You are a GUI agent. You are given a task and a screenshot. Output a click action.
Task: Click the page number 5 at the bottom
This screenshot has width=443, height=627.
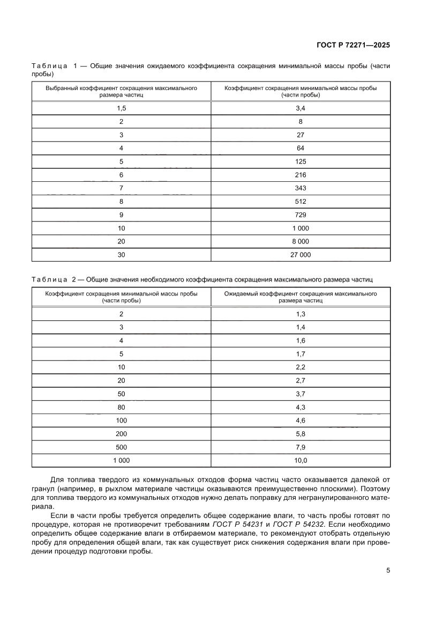click(388, 570)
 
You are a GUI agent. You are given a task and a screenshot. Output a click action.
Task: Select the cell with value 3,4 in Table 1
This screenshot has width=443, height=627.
click(301, 108)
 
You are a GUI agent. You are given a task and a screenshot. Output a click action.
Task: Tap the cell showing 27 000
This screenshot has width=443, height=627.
click(301, 255)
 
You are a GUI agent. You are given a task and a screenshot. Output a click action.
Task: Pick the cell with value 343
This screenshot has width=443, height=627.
click(301, 188)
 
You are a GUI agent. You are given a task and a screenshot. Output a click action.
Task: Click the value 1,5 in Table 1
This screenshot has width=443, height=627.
click(122, 108)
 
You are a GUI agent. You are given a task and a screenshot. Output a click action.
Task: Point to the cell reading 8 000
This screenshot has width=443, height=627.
click(301, 241)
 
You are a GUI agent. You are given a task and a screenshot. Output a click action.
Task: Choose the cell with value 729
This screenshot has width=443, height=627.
click(301, 215)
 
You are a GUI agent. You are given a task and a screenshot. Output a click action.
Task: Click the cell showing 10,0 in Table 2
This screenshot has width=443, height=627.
click(301, 460)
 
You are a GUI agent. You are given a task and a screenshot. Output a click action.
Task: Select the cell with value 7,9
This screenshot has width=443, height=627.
click(301, 447)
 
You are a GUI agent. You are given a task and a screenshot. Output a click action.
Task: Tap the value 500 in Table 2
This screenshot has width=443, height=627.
click(122, 447)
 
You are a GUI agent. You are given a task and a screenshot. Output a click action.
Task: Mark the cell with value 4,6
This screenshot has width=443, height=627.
click(301, 421)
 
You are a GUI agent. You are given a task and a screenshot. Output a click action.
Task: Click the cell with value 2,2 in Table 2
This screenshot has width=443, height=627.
click(301, 367)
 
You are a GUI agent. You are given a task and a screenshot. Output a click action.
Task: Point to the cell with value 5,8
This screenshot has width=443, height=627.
click(301, 433)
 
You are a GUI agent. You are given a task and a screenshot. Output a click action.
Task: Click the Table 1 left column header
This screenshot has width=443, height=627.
click(122, 91)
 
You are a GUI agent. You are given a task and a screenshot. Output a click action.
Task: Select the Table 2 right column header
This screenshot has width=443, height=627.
click(301, 297)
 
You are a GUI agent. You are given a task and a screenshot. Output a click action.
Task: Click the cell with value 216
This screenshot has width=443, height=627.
click(301, 175)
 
